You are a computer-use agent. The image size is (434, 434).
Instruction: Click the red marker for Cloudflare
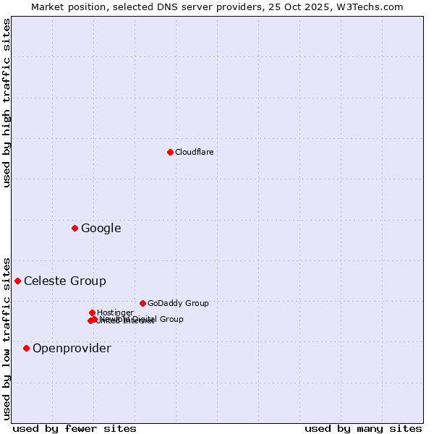pos(170,152)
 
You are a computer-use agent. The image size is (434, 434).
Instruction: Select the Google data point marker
pos(75,229)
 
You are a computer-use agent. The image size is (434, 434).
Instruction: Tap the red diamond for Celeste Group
pos(17,281)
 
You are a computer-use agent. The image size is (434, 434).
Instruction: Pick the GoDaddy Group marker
pos(142,303)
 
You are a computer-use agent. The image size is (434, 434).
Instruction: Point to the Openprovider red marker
pos(26,348)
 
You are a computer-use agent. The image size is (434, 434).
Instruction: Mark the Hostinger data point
pos(92,312)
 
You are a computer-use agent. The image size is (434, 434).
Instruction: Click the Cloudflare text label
pos(194,152)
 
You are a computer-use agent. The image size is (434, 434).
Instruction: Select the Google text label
pos(101,229)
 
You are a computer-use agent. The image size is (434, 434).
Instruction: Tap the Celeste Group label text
pos(64,281)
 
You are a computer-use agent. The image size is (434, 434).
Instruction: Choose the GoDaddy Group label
pos(178,303)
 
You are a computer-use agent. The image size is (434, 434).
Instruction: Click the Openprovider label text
pos(72,349)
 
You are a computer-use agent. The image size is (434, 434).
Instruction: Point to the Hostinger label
pos(115,312)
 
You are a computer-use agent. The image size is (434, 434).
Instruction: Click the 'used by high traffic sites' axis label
pos(7,103)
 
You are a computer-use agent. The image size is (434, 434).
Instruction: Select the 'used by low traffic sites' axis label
pos(7,338)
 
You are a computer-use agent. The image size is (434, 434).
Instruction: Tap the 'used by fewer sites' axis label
pos(75,428)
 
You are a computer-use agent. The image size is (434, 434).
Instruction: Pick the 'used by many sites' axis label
pos(363,428)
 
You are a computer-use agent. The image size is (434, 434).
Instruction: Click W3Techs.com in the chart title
pos(373,7)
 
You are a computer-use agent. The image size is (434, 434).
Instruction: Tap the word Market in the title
pos(48,7)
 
